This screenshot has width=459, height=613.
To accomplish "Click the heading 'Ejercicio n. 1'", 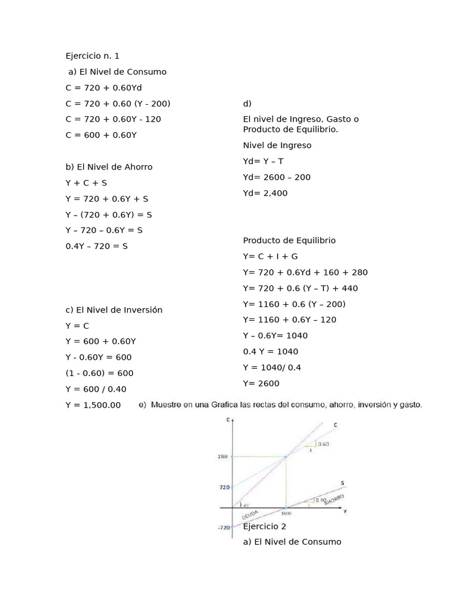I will [x=93, y=56].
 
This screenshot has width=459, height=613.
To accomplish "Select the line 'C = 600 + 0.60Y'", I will [x=101, y=135].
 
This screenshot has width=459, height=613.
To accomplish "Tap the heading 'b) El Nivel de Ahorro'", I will [x=109, y=166].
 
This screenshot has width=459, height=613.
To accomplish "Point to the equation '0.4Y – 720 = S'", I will [x=97, y=245].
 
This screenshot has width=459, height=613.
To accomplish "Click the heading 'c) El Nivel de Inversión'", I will [x=114, y=309].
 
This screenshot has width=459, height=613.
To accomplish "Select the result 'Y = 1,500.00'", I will [x=93, y=405].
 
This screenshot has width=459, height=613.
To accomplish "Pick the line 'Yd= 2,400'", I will [x=265, y=193].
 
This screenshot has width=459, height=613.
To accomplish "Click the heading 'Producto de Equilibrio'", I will [x=289, y=240].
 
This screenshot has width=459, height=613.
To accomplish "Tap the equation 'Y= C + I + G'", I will [x=270, y=256].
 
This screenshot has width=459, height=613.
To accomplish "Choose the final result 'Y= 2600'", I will [x=261, y=383].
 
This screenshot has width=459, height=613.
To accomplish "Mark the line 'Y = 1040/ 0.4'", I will [x=272, y=367].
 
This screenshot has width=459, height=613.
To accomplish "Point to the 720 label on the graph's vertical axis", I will [x=223, y=487].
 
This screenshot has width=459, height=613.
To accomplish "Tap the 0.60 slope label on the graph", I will [x=323, y=444].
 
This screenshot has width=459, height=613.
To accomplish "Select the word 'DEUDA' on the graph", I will [x=250, y=515].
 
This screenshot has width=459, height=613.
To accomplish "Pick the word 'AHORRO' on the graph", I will [x=334, y=500].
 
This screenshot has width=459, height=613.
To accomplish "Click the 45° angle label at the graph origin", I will [x=246, y=505].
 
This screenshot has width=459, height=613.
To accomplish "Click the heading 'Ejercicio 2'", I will [x=265, y=526].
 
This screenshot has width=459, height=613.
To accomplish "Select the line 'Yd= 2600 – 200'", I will [x=277, y=177].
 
